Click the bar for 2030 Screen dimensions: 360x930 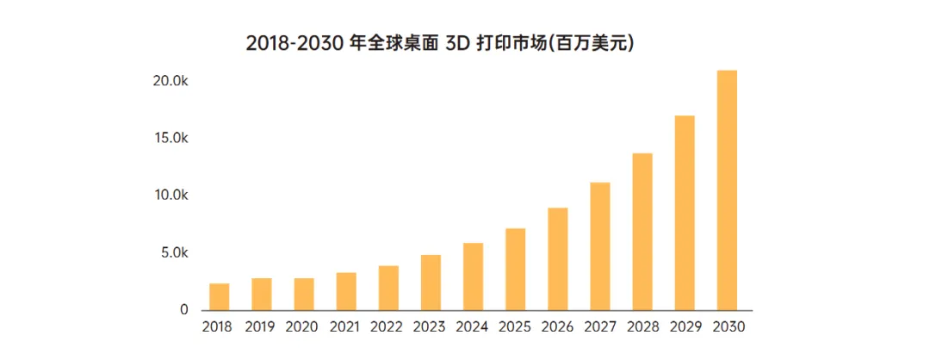tap(727, 190)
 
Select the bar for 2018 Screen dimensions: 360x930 tap(220, 296)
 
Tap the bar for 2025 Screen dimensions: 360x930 tap(515, 269)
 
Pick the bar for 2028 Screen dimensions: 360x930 tap(642, 232)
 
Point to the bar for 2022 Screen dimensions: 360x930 tap(388, 288)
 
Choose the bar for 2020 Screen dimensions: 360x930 tap(304, 294)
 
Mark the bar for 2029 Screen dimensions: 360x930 tap(685, 213)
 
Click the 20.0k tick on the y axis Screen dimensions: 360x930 tap(170, 81)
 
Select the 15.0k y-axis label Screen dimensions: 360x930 tap(170, 138)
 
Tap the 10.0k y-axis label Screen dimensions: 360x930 tap(170, 196)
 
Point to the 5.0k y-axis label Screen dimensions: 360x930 tap(173, 253)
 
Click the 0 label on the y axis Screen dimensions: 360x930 tap(183, 310)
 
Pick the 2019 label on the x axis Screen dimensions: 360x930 tap(260, 327)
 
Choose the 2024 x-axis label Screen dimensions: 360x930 tap(472, 327)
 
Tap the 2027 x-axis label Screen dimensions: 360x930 tap(599, 327)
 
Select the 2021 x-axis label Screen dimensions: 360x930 tap(345, 327)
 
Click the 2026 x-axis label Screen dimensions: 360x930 tap(557, 327)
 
